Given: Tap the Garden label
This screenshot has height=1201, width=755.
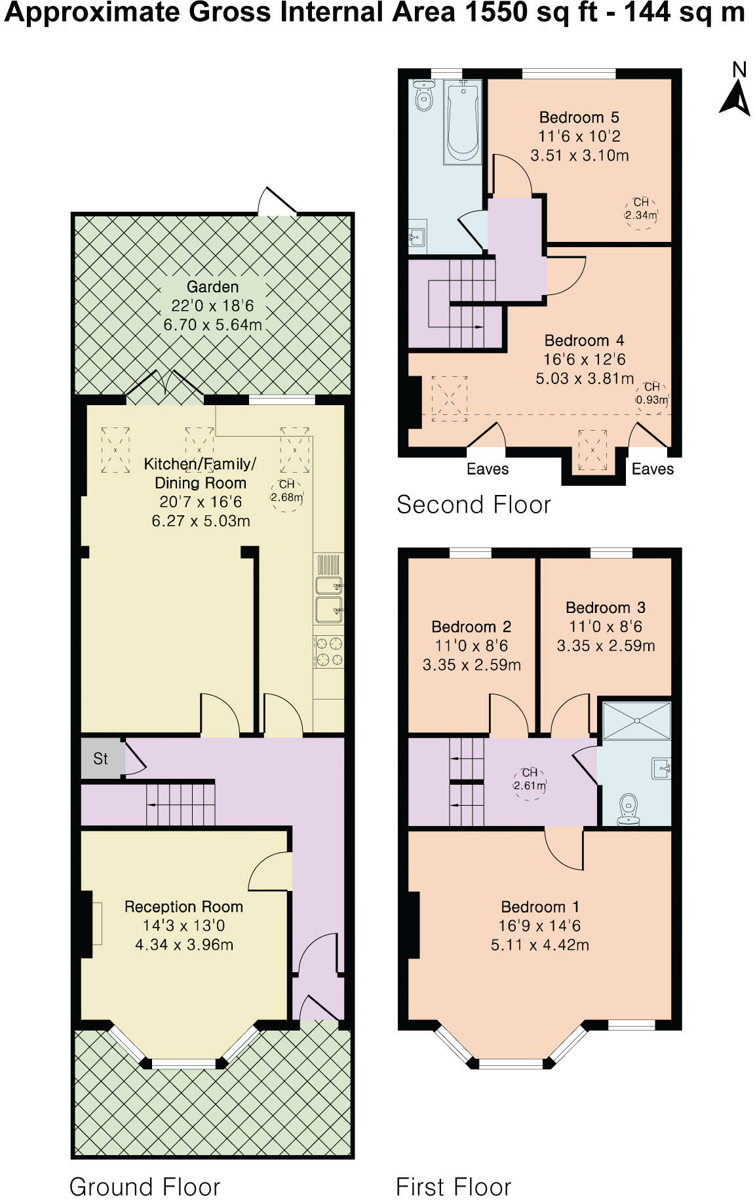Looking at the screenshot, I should tap(212, 287).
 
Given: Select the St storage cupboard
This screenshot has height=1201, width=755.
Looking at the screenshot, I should tap(101, 758).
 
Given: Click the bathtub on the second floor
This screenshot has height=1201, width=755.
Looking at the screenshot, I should tap(464, 122).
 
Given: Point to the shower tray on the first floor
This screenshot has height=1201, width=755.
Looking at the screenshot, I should tap(636, 721).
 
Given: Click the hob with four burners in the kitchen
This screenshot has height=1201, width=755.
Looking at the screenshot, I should tap(329, 652).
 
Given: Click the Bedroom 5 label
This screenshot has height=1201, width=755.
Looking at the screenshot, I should tap(579, 117).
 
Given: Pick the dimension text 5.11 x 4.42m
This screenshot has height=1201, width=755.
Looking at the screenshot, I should tap(539, 945).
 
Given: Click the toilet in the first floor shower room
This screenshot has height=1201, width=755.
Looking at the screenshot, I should tap(629, 808).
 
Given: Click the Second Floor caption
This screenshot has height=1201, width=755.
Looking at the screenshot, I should tap(473, 505).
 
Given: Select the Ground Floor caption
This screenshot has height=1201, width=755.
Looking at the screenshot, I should tap(145, 1186).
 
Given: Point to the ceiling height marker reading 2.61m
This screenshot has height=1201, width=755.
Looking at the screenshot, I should tap(530, 780).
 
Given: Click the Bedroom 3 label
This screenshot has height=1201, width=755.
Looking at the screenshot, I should tap(606, 607).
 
